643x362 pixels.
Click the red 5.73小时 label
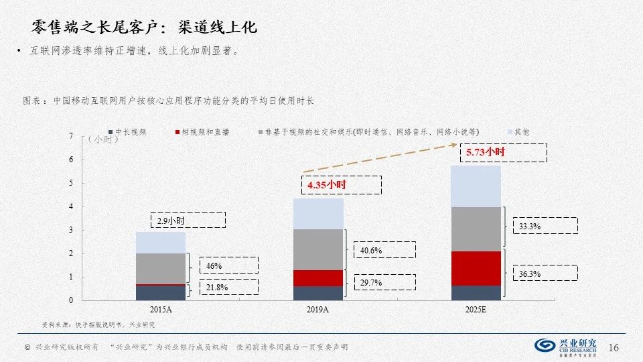pyautogui.click(x=486, y=153)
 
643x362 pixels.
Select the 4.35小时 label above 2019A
pyautogui.click(x=327, y=184)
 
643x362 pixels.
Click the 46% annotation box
pyautogui.click(x=214, y=265)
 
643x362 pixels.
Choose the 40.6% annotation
pyautogui.click(x=371, y=250)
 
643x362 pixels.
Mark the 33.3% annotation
pyautogui.click(x=530, y=227)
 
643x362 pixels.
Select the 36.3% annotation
pyautogui.click(x=530, y=274)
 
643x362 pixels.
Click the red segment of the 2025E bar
pyautogui.click(x=476, y=268)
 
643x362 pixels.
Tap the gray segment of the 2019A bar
pyautogui.click(x=318, y=249)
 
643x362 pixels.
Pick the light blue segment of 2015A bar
pyautogui.click(x=161, y=242)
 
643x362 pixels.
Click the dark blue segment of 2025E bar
pyautogui.click(x=476, y=293)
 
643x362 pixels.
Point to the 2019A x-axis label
pyautogui.click(x=318, y=310)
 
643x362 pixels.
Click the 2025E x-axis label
pyautogui.click(x=476, y=310)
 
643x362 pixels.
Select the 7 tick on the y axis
pyautogui.click(x=72, y=137)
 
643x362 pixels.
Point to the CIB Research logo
pyautogui.click(x=566, y=346)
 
